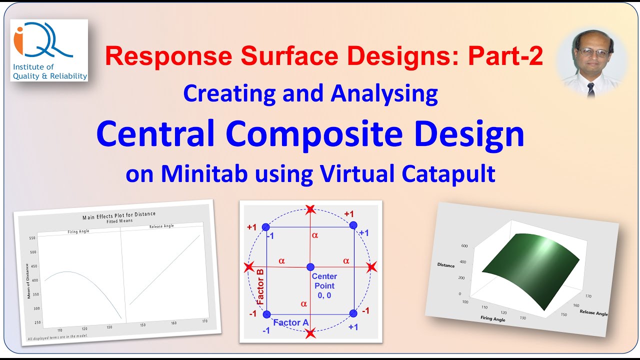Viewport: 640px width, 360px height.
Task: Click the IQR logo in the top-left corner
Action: coord(49,50)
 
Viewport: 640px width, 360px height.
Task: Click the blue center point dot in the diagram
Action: coord(310,267)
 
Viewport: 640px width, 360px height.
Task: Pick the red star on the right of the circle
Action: coord(370,267)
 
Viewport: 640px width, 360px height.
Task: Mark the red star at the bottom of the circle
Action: coord(310,333)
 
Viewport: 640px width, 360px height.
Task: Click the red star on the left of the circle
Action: coord(248,267)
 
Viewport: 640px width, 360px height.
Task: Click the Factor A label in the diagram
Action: coord(290,322)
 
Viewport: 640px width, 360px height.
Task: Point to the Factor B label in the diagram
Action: coord(260,287)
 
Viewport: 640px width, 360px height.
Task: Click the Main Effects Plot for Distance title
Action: coord(119,216)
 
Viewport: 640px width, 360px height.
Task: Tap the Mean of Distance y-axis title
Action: coord(28,281)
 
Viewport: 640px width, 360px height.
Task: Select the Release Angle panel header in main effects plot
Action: coord(161,226)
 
